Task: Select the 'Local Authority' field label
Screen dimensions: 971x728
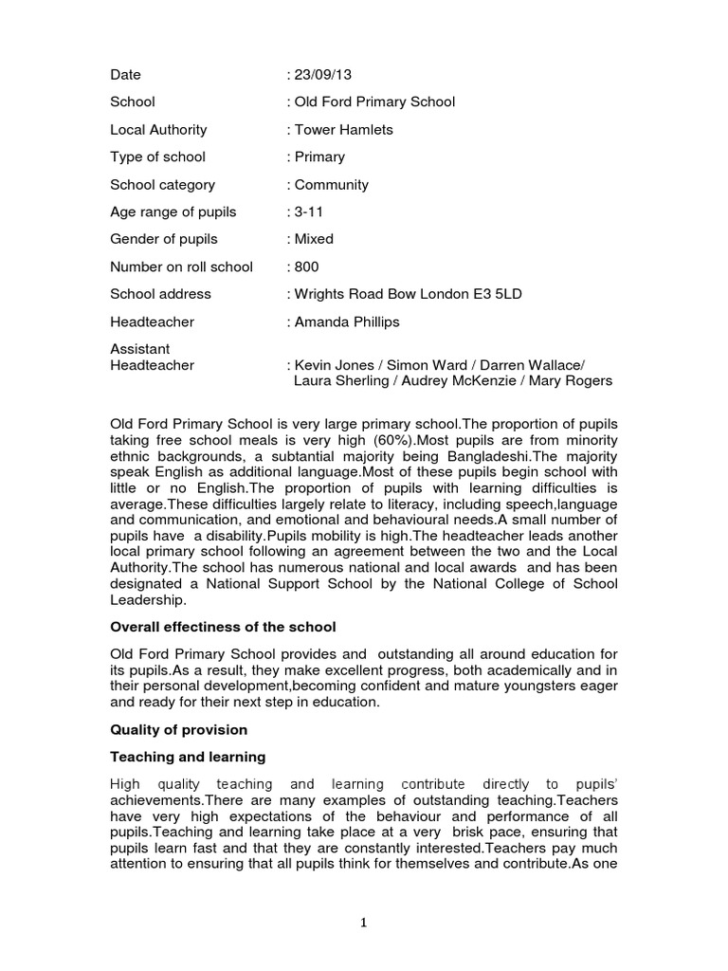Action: (158, 129)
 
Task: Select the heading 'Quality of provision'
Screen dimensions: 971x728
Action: (179, 729)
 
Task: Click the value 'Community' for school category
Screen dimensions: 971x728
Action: (332, 184)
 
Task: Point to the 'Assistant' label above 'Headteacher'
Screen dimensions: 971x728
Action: (140, 349)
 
